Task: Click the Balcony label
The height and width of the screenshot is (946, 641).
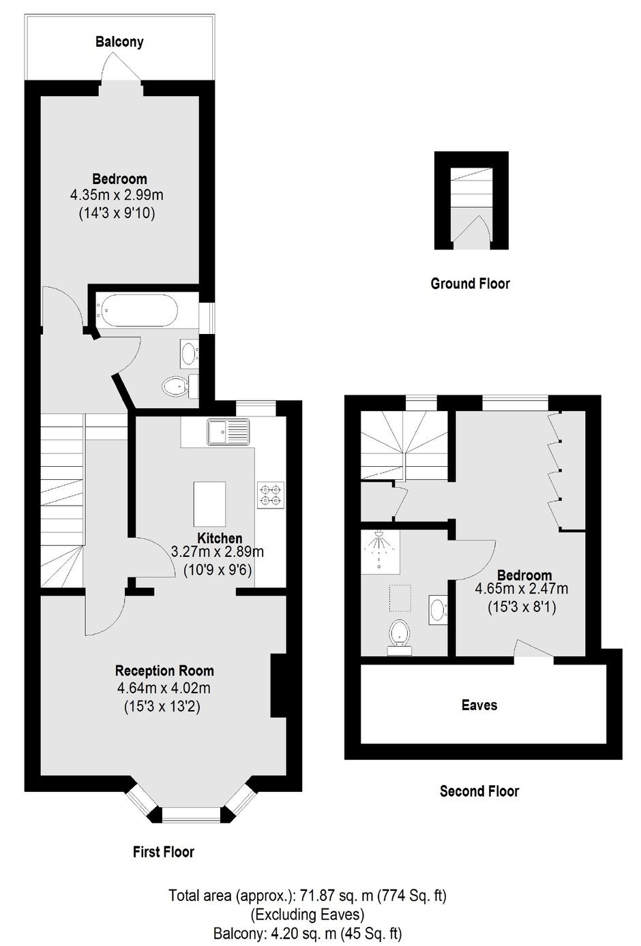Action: [119, 42]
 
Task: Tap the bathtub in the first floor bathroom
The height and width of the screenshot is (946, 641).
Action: [137, 310]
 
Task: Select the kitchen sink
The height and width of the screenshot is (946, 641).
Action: [228, 431]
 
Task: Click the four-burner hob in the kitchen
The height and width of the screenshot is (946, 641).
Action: [271, 495]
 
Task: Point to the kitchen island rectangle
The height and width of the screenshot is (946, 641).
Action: [209, 504]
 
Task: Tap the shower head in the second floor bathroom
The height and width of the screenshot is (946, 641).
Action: [379, 534]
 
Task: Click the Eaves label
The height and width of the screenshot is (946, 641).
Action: [479, 705]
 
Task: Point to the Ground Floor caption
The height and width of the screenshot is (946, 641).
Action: [471, 283]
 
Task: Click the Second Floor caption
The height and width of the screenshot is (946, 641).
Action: [479, 791]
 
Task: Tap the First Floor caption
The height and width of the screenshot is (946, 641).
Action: [164, 851]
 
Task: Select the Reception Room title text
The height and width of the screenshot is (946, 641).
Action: [164, 670]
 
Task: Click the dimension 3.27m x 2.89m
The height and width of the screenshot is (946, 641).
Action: [218, 552]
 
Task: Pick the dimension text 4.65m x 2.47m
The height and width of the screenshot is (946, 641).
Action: [522, 588]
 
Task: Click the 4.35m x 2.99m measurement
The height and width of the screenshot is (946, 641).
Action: [117, 195]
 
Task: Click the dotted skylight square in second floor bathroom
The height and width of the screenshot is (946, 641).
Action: [400, 598]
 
